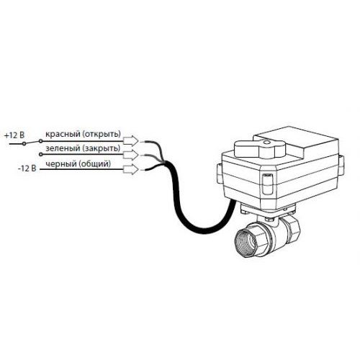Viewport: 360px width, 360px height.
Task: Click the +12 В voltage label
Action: [x=14, y=135]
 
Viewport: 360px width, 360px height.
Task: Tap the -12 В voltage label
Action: [x=27, y=168]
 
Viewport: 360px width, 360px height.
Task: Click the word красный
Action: [x=63, y=134]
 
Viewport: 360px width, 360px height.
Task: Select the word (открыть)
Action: [x=102, y=134]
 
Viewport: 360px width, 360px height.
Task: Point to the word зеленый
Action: [x=63, y=148]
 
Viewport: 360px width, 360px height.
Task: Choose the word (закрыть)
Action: [x=101, y=148]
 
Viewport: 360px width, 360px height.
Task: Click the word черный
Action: [x=60, y=164]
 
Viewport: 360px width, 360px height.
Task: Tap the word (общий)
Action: [x=94, y=164]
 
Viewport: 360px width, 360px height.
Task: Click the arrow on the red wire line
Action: [x=131, y=140]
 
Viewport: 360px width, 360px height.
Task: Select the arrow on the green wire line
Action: [x=131, y=155]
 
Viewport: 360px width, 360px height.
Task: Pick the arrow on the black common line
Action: [x=131, y=169]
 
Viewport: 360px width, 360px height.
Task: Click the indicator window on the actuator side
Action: [x=268, y=184]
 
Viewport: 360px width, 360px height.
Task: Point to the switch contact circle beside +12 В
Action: [x=24, y=143]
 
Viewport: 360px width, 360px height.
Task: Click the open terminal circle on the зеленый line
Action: [x=41, y=154]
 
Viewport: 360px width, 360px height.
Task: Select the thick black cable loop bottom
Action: [x=204, y=228]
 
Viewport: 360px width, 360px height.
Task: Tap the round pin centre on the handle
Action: [x=266, y=143]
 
